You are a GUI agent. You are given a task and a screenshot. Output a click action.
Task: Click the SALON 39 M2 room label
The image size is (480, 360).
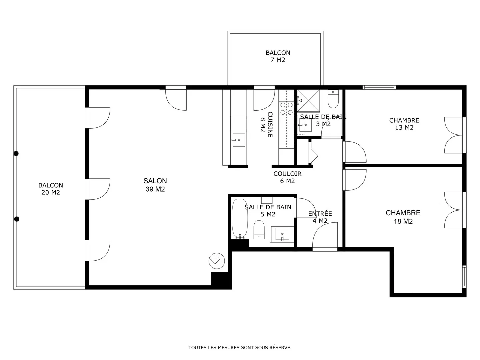pyautogui.click(x=155, y=185)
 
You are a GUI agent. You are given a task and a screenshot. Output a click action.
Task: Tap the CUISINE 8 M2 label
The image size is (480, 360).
pyautogui.click(x=267, y=125)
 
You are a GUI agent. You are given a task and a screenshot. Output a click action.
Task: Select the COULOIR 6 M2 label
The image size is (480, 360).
pyautogui.click(x=287, y=177)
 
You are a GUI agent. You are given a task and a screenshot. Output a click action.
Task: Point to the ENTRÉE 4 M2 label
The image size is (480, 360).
pyautogui.click(x=320, y=217)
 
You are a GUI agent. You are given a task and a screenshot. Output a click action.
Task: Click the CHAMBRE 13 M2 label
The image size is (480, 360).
pyautogui.click(x=404, y=124)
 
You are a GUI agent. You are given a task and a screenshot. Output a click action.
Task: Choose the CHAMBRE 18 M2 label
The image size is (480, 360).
pyautogui.click(x=403, y=217)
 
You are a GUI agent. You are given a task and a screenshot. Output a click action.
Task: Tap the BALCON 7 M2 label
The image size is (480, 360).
pyautogui.click(x=278, y=56)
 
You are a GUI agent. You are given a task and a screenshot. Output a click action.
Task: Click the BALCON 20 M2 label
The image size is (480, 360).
pyautogui.click(x=51, y=189)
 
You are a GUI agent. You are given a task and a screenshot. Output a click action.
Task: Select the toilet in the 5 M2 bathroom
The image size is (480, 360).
pyautogui.click(x=259, y=230)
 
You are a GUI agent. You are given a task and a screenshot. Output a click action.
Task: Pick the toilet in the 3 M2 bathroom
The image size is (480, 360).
pyautogui.click(x=333, y=99)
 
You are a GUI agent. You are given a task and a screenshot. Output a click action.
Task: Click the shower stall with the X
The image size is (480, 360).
pyautogui.click(x=308, y=101)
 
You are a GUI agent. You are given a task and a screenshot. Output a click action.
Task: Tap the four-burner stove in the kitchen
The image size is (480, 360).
pyautogui.click(x=286, y=109)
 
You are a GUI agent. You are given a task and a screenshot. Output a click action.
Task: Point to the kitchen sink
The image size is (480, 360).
pyautogui.click(x=239, y=140)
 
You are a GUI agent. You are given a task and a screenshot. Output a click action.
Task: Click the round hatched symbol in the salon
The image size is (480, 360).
pyautogui.click(x=217, y=261)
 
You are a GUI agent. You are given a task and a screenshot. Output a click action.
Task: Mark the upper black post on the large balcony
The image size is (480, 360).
pyautogui.click(x=16, y=154)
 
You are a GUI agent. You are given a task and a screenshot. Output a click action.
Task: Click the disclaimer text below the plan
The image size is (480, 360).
pyautogui.click(x=240, y=348)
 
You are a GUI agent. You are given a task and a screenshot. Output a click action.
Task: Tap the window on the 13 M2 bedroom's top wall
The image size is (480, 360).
pyautogui.click(x=379, y=87)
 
